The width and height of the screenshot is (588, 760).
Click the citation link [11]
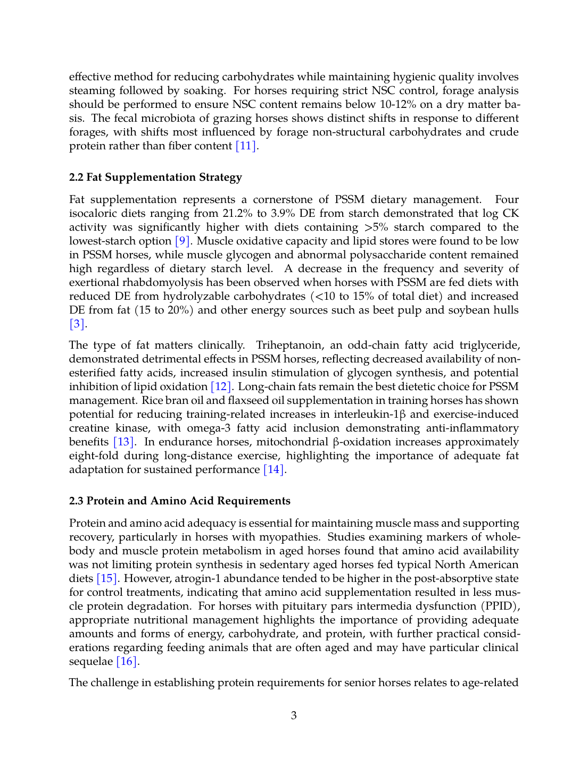coord(246,146)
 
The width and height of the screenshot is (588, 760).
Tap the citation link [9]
coord(183,241)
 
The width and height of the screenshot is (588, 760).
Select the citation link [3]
coord(77,324)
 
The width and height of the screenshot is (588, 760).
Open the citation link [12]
coord(221,387)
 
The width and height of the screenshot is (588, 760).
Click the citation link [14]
coord(274,470)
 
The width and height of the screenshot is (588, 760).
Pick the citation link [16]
coord(127,662)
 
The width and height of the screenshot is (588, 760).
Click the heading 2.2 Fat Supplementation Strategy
coord(155,178)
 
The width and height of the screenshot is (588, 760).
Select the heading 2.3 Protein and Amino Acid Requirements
coord(179,501)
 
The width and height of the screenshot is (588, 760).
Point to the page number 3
coord(294,716)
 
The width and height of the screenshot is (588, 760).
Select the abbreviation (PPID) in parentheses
coord(500,606)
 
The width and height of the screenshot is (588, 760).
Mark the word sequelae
coord(91,662)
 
